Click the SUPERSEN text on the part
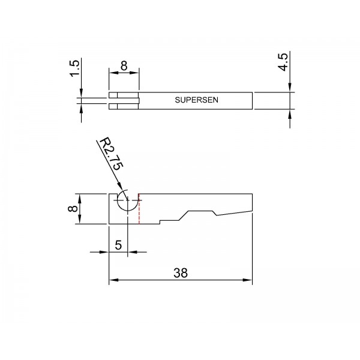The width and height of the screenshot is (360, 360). [197, 100]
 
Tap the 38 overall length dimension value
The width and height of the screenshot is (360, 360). [181, 273]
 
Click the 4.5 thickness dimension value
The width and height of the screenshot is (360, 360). [283, 62]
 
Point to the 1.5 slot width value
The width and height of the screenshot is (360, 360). [74, 68]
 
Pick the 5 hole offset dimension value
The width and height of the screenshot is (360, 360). [118, 245]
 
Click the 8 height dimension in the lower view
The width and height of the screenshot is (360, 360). [73, 209]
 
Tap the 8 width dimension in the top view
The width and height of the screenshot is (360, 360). [124, 65]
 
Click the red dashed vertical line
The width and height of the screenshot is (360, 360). [139, 209]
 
